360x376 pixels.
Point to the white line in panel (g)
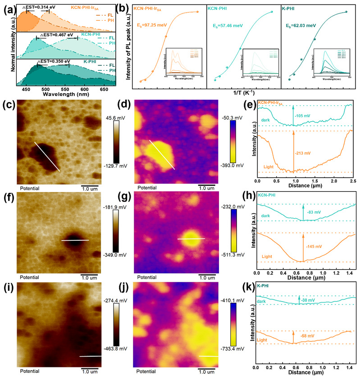point(191,239)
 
